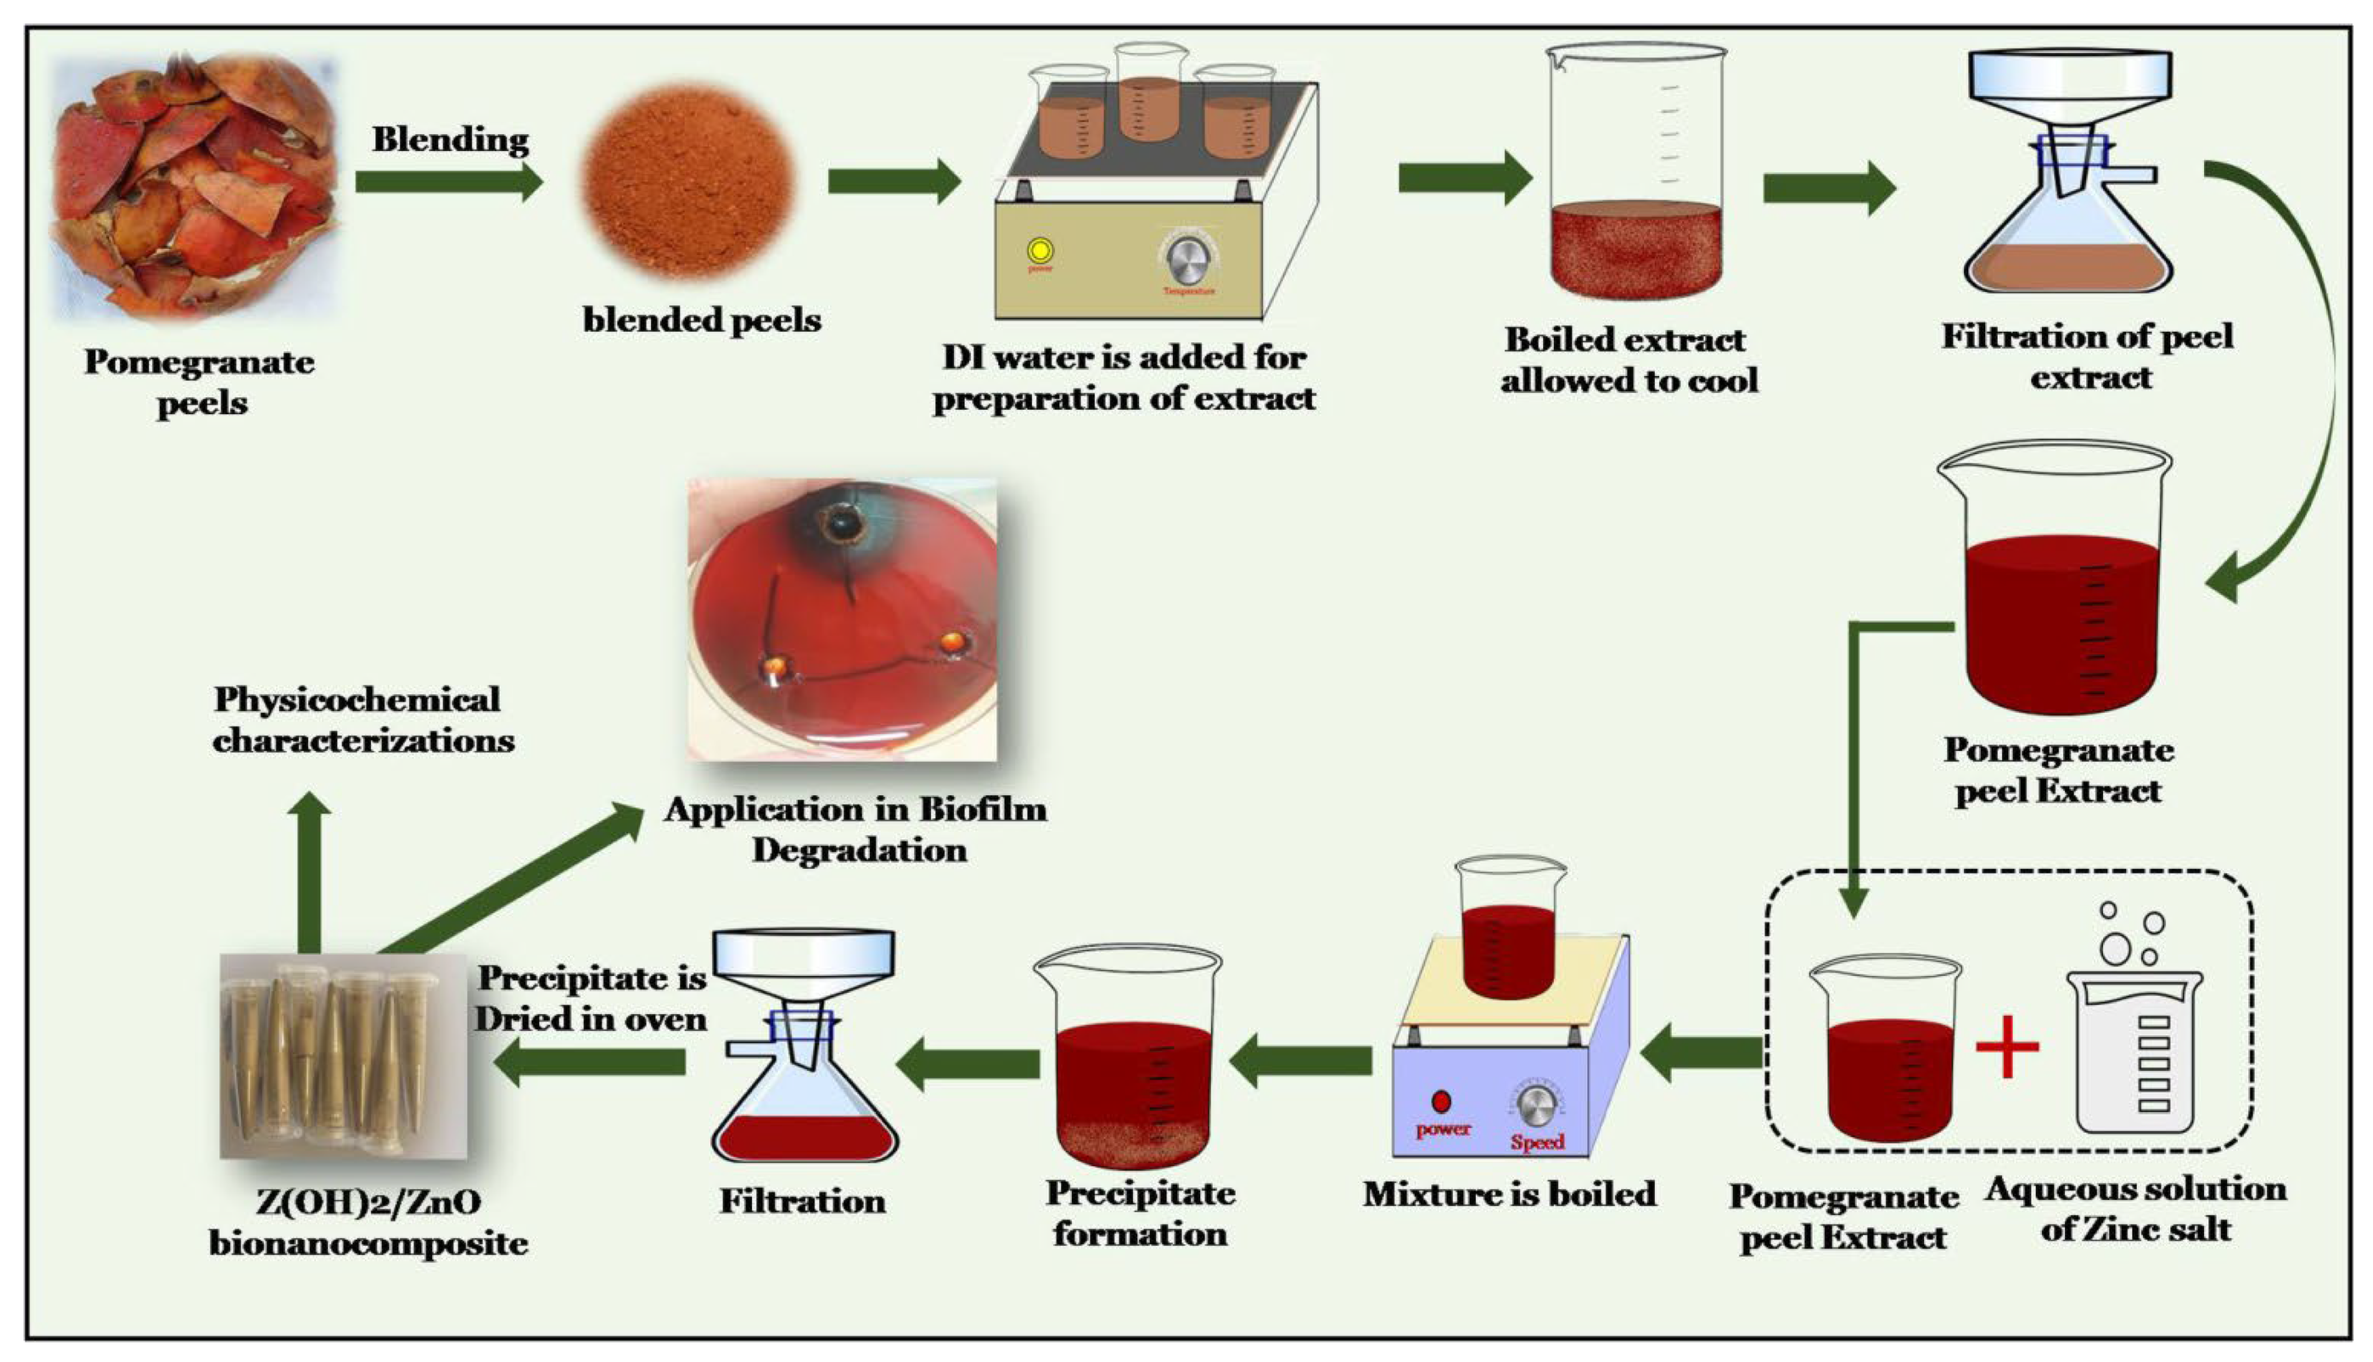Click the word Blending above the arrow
(451, 140)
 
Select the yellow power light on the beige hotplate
(1040, 251)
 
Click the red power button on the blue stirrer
(1441, 1101)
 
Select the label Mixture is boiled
(1508, 1195)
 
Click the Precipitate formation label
(1140, 1214)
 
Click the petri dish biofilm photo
(842, 619)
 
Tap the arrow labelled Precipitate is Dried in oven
(590, 1061)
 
